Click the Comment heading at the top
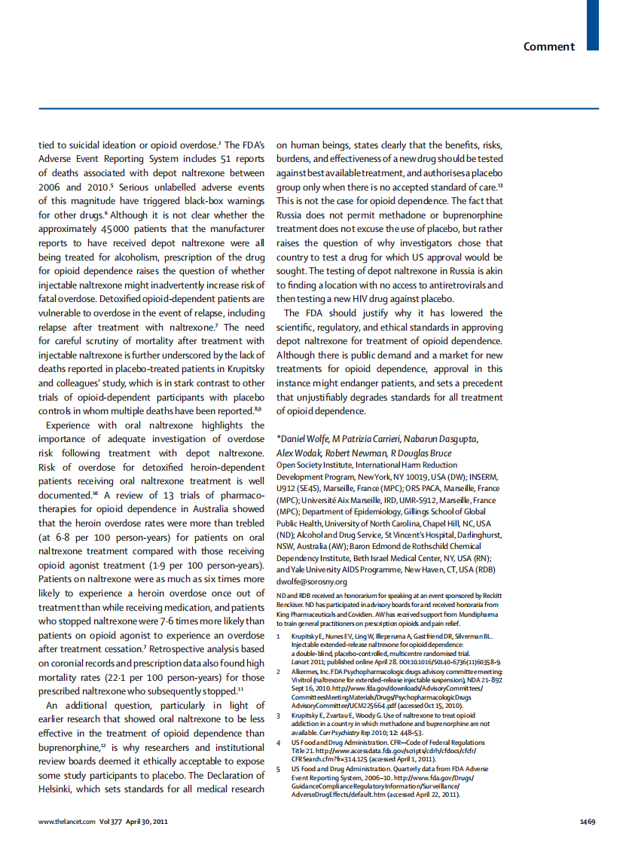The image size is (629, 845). (x=549, y=47)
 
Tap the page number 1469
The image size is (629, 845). (x=588, y=822)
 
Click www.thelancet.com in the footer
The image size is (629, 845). (x=67, y=822)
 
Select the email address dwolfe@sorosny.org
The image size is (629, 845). (x=312, y=581)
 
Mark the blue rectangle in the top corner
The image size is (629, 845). (x=593, y=24)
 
